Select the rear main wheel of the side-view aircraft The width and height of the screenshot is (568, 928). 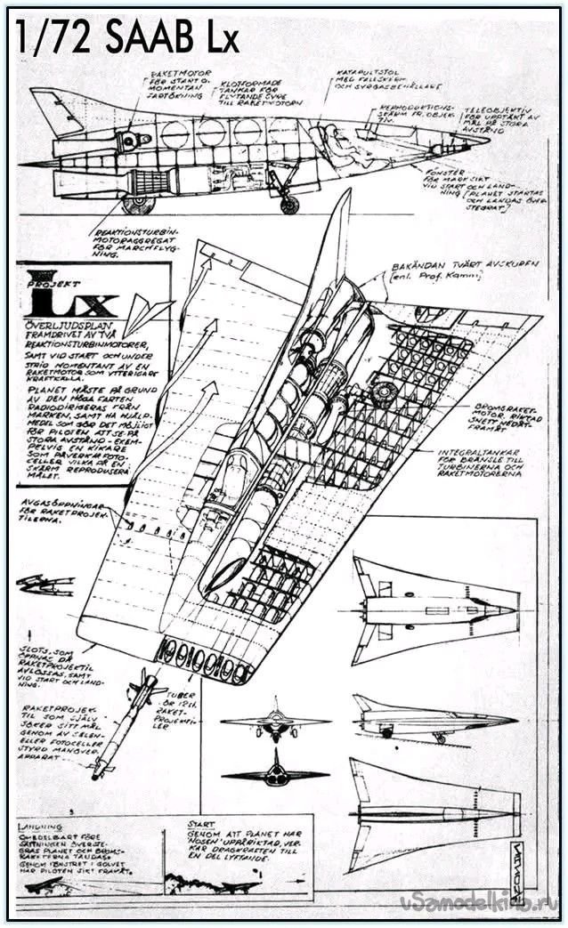point(137,206)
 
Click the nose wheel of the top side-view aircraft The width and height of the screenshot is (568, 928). point(288,205)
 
